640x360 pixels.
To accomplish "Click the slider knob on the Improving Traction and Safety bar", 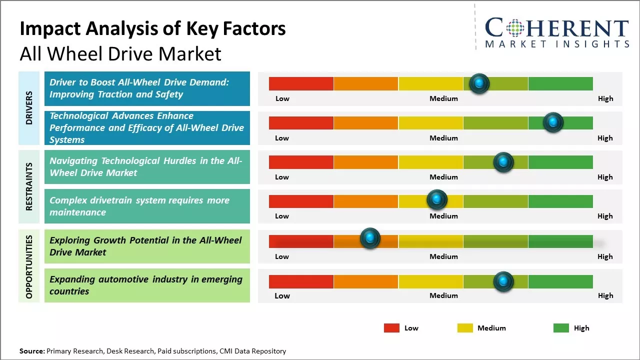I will (x=479, y=83).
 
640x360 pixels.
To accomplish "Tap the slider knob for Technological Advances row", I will (x=553, y=122).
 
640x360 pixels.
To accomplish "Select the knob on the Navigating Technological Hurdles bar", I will (x=503, y=162).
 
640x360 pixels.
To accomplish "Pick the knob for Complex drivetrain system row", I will (x=436, y=200).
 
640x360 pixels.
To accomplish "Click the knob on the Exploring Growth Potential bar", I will (x=370, y=238).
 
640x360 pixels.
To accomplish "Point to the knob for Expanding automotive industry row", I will (x=503, y=281).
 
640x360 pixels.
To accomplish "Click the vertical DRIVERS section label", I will (x=29, y=108).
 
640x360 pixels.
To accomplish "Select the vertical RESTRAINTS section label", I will (x=29, y=186).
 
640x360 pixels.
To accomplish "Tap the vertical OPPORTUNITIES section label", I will (x=29, y=266).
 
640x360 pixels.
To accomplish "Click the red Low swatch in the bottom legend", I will (x=391, y=328).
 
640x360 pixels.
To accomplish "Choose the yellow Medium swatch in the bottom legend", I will (x=465, y=328).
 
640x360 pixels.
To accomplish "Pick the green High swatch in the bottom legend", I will (x=561, y=328).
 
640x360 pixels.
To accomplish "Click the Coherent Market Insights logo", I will (x=556, y=32).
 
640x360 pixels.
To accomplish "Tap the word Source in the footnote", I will (x=31, y=351).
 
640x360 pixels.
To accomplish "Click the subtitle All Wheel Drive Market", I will (x=120, y=54).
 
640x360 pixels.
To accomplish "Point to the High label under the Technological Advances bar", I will (x=604, y=138).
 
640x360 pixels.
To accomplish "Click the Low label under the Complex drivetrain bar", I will (x=282, y=216).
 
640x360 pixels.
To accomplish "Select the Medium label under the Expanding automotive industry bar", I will (x=443, y=295).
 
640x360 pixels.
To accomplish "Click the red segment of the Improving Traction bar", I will (x=301, y=83).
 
